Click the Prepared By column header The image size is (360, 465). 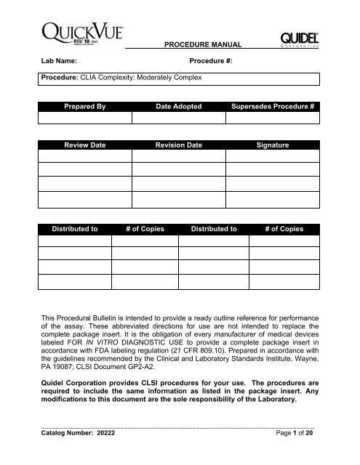(85, 106)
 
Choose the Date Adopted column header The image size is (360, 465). (179, 106)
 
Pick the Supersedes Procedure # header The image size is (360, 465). (272, 106)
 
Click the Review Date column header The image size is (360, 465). (85, 145)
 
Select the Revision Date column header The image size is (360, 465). (179, 145)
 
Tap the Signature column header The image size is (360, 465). (272, 145)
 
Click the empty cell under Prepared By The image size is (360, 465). (85, 118)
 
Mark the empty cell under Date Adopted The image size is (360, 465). (179, 118)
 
